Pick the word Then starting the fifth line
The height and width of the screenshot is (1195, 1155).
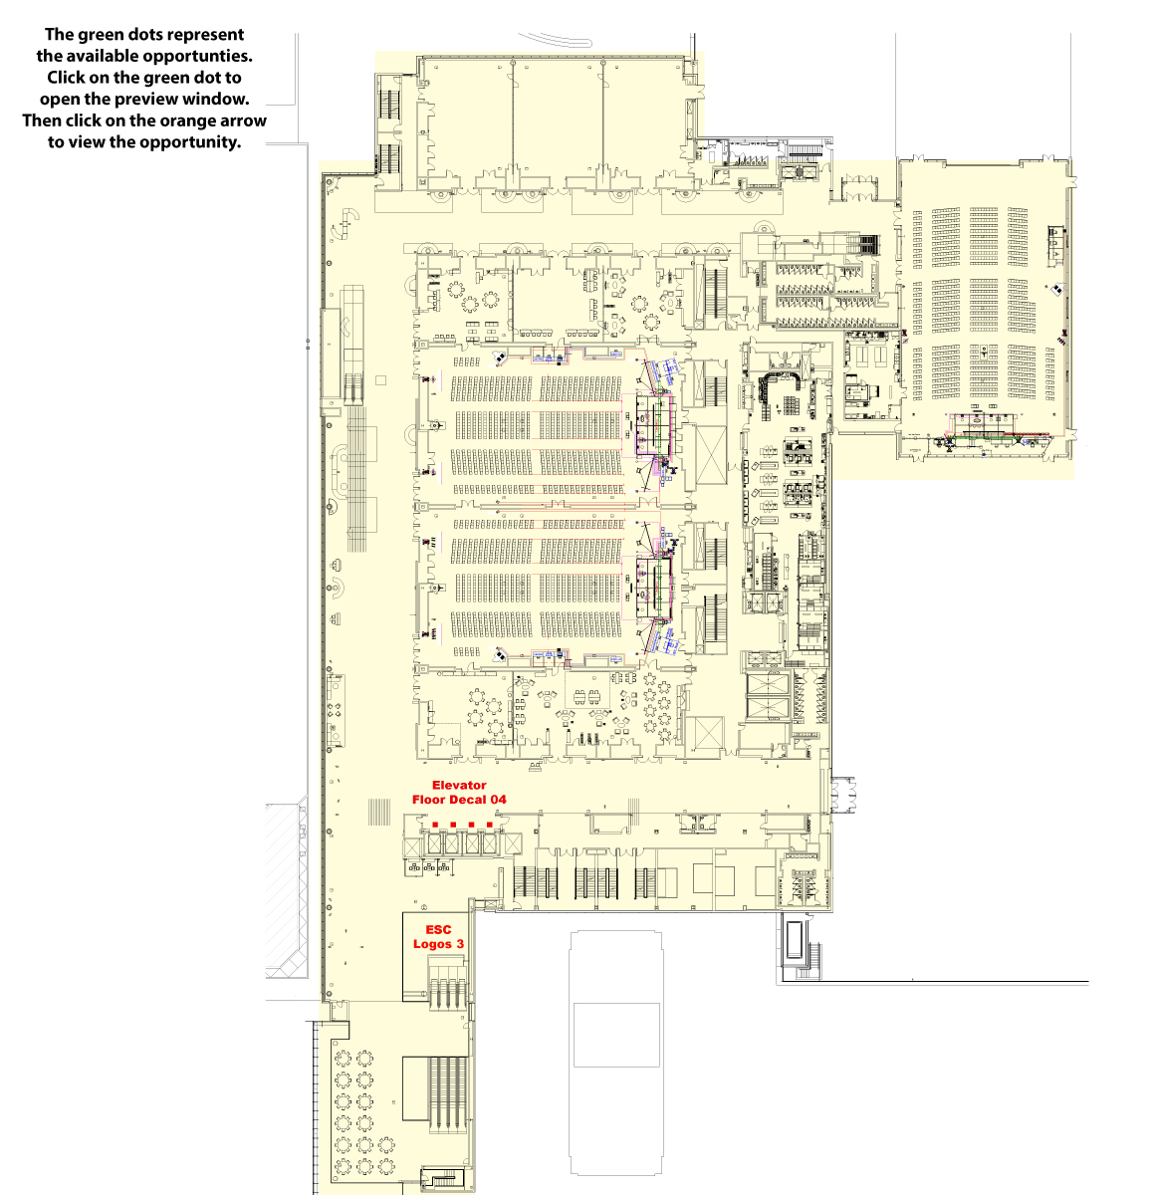[42, 120]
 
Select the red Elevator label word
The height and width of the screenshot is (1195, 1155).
[459, 786]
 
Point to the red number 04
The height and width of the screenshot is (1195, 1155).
[497, 800]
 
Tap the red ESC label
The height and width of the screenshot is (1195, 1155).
[438, 930]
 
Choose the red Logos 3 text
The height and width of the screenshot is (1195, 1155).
[438, 944]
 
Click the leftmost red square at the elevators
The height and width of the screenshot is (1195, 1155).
[435, 825]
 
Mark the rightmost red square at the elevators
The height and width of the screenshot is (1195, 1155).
[489, 825]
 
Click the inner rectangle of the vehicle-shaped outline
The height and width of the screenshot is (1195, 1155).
[616, 1035]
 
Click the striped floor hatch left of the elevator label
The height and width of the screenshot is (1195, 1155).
[379, 812]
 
